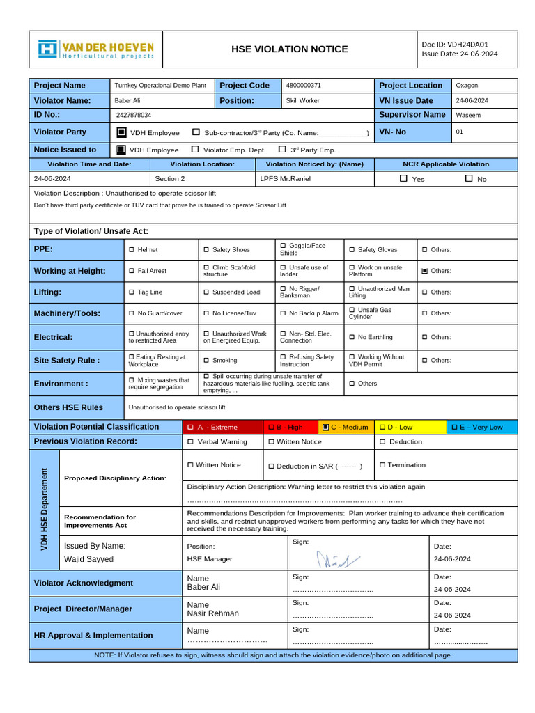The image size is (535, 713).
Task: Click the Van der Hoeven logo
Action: tap(95, 49)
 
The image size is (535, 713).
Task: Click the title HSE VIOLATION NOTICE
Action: tap(290, 49)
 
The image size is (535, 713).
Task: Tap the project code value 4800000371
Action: tap(304, 86)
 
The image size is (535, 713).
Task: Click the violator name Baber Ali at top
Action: tap(127, 100)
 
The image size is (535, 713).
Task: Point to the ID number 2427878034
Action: tap(134, 115)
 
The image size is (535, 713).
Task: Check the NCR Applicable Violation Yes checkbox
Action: tap(403, 179)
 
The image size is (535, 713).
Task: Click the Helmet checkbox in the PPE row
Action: tap(132, 249)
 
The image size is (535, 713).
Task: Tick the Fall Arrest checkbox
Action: tap(132, 271)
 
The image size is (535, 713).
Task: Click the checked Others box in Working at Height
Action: tap(424, 271)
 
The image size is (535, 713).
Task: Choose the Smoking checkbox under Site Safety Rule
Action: tap(206, 361)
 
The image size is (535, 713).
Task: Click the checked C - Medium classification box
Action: tap(325, 427)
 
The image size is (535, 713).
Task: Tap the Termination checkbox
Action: tap(382, 464)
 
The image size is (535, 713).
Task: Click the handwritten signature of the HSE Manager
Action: tap(339, 558)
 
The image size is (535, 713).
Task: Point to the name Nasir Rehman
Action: tap(212, 613)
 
